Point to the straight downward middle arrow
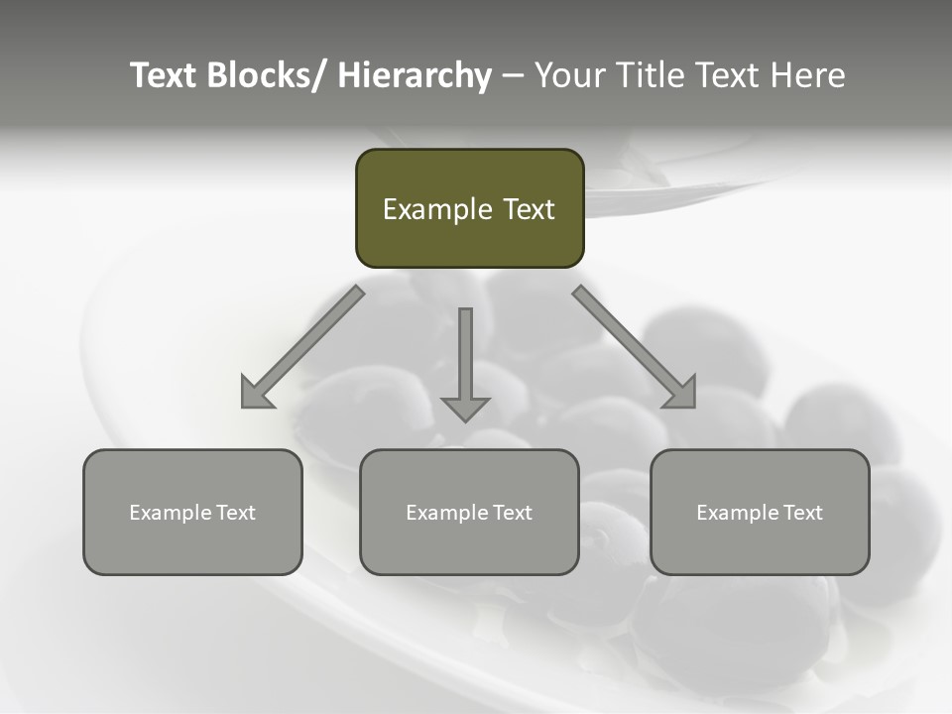465,357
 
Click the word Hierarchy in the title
415,76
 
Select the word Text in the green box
529,210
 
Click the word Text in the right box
801,513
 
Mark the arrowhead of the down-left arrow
255,394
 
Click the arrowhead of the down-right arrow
682,394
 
